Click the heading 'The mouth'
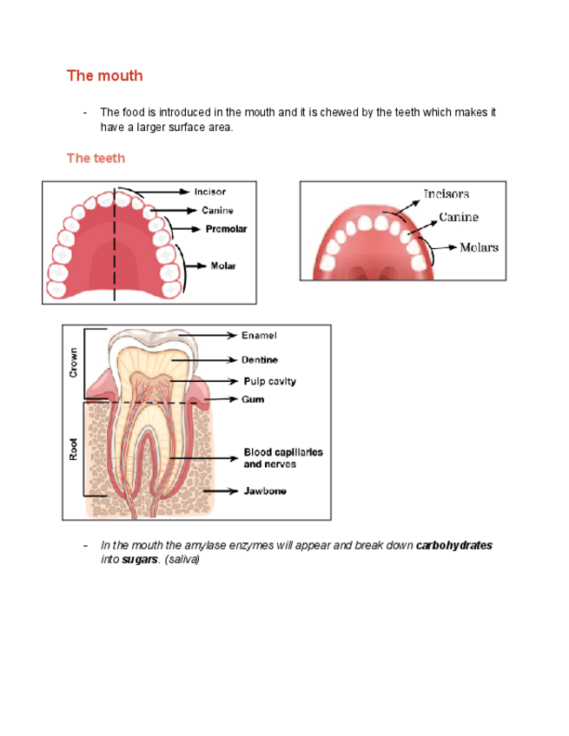(104, 76)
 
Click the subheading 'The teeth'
(96, 158)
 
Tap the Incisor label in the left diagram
(211, 191)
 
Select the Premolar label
(226, 229)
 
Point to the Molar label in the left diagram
(223, 266)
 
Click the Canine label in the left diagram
(217, 210)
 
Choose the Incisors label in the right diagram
(447, 194)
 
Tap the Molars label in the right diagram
(480, 247)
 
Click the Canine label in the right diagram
(459, 217)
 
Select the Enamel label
(259, 335)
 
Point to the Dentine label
(260, 359)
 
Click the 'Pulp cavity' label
(269, 382)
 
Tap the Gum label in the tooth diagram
(253, 399)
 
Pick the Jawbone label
(265, 491)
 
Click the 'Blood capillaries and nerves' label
(282, 458)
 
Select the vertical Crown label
(74, 362)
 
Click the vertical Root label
(74, 448)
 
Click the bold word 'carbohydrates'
(454, 546)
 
